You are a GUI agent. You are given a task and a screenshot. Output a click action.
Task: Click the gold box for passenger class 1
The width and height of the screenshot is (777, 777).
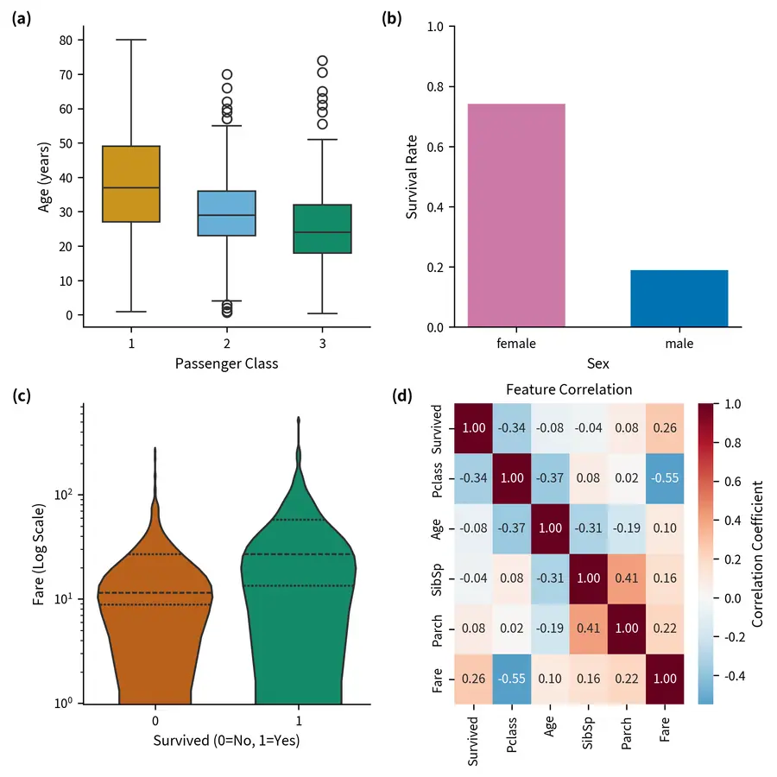pos(130,184)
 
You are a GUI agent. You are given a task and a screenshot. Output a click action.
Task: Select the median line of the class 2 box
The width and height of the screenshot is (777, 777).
pos(226,215)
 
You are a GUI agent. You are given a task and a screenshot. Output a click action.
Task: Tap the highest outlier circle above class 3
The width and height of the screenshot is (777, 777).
pos(322,61)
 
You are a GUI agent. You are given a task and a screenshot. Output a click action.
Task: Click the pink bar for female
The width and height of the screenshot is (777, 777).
pos(516,216)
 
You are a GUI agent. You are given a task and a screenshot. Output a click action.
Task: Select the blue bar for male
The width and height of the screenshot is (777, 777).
pos(679,299)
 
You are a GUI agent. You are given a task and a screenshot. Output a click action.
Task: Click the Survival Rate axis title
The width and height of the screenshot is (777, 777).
pos(414,177)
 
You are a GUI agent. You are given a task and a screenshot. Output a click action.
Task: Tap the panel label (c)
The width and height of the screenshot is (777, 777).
pos(21,396)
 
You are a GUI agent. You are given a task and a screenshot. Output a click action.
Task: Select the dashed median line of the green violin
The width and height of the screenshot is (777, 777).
pos(299,554)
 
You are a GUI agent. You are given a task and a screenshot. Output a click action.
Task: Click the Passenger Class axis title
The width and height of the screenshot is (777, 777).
pos(226,363)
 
